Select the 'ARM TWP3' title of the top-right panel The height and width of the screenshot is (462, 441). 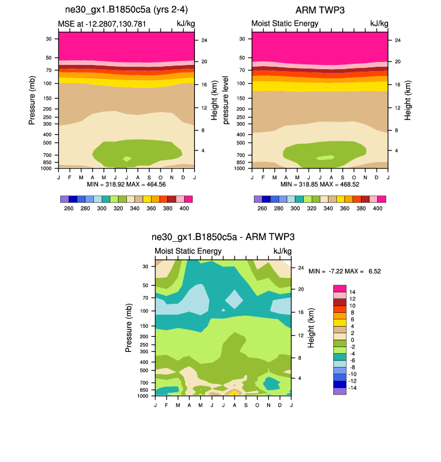tap(319, 10)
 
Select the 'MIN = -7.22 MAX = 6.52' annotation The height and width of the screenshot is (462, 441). tap(345, 271)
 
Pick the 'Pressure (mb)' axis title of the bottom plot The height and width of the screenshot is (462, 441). tap(129, 328)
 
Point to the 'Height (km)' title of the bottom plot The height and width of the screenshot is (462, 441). tap(312, 328)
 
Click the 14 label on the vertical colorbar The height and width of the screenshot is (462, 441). tap(353, 292)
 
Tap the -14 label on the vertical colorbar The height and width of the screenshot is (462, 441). tap(354, 388)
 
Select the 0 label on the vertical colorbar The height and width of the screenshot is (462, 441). tap(351, 340)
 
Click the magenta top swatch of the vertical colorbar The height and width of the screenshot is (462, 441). tap(339, 288)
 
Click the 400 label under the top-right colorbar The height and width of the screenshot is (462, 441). tap(377, 208)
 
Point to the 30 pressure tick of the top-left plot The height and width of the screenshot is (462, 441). tap(48, 38)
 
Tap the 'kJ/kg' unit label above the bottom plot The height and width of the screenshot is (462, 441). tap(283, 251)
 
